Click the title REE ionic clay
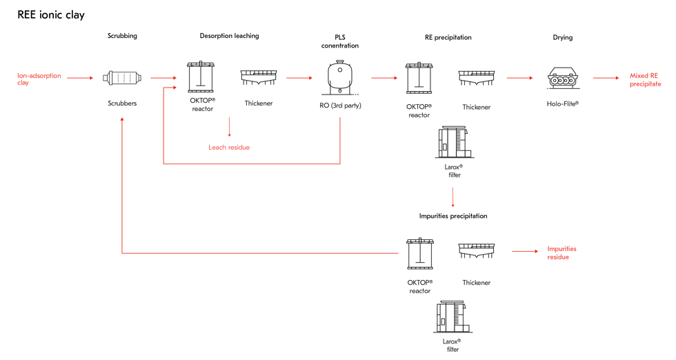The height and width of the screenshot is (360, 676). click(x=51, y=15)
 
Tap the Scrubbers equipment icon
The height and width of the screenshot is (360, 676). click(x=122, y=78)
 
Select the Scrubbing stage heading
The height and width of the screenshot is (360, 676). click(x=123, y=36)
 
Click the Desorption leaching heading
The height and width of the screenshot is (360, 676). click(x=229, y=36)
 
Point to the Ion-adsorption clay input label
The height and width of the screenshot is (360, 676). click(x=39, y=79)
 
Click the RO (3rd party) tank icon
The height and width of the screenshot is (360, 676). click(x=340, y=78)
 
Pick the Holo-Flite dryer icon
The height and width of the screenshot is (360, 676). click(x=563, y=78)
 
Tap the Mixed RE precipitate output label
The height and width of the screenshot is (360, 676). click(x=646, y=80)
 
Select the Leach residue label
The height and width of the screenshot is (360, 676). click(x=229, y=148)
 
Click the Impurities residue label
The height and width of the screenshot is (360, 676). click(x=561, y=253)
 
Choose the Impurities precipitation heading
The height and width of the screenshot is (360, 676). click(x=453, y=216)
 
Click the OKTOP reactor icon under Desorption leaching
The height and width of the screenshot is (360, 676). click(x=201, y=77)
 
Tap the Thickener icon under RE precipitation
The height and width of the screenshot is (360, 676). click(x=477, y=78)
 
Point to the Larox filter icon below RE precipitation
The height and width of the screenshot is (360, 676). click(x=455, y=142)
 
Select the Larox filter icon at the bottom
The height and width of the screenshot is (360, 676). click(x=453, y=317)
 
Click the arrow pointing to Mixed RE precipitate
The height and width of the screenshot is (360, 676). click(x=606, y=78)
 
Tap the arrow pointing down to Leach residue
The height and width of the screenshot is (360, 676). click(x=229, y=127)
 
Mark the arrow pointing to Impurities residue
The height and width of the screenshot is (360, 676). click(x=525, y=251)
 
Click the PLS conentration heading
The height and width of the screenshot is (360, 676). click(x=340, y=41)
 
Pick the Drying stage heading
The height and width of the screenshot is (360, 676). click(x=563, y=37)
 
